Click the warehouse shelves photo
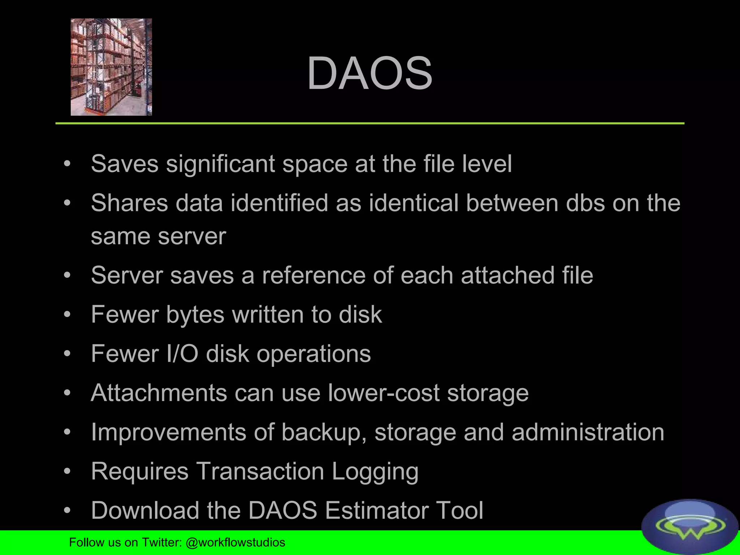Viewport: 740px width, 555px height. coord(111,67)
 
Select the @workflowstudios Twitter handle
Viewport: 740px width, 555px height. coord(235,542)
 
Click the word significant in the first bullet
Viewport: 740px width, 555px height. coord(220,164)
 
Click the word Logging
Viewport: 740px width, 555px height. coord(375,472)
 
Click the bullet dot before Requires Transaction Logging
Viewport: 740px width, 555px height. coord(67,472)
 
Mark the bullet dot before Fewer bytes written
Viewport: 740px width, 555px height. coord(67,315)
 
